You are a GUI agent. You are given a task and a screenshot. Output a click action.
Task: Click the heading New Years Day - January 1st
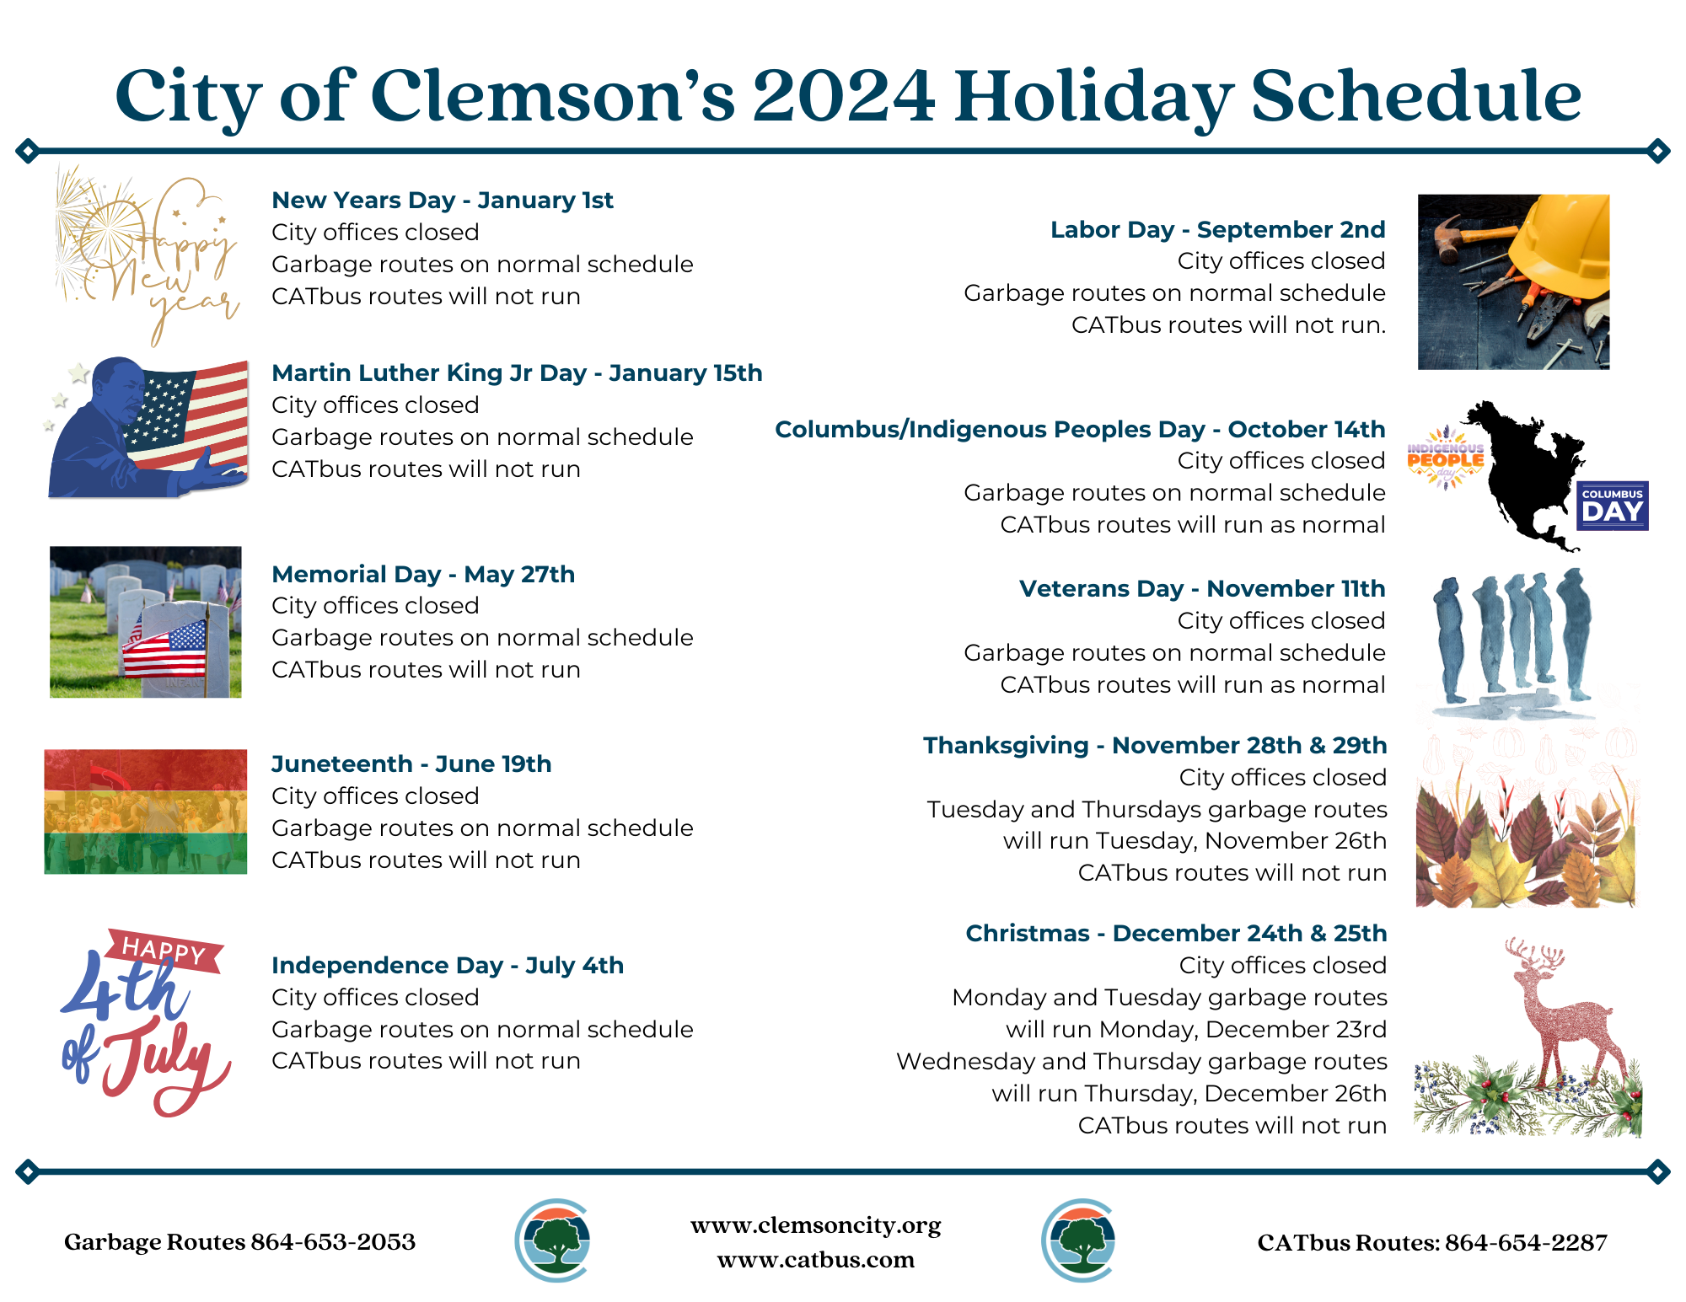coord(442,201)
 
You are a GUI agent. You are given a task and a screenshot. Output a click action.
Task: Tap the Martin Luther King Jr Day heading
coord(516,373)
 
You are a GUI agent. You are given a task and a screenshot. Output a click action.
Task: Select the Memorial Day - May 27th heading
coord(422,575)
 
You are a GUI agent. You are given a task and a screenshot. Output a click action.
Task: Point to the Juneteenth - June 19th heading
coord(411,764)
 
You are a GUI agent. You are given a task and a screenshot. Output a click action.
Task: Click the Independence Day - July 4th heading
coord(447,966)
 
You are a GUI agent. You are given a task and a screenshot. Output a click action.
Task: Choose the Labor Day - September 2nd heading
coord(1217,230)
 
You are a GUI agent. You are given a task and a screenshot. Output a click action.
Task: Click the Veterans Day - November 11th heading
coord(1201,589)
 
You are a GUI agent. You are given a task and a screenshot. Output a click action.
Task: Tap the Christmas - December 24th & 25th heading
coord(1175,934)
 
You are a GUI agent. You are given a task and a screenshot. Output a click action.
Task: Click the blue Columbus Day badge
coord(1612,506)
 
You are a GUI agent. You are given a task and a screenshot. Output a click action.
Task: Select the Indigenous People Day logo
coord(1445,458)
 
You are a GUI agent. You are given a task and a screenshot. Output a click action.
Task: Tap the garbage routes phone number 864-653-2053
coord(333,1242)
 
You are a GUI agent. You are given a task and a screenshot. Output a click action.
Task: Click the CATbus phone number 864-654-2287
coord(1526,1243)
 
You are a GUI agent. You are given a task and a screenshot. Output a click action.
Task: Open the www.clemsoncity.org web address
coord(815,1225)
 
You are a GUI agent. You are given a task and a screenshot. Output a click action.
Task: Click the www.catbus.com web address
coord(815,1260)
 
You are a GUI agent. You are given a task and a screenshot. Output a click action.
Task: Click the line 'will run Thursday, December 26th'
coord(1189,1094)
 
